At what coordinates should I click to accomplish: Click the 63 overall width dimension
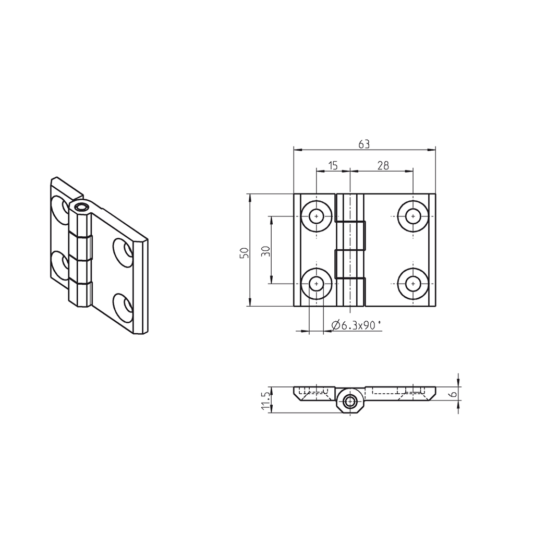click(x=364, y=144)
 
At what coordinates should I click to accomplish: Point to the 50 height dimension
click(x=244, y=253)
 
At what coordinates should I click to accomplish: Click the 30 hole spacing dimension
click(x=265, y=251)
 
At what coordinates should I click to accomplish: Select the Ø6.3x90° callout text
click(x=357, y=325)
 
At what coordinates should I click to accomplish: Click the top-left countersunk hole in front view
click(x=316, y=216)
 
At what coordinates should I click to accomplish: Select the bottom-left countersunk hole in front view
click(x=316, y=284)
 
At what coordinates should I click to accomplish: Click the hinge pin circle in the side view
click(x=350, y=402)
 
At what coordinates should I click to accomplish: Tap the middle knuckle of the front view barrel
click(x=350, y=236)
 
